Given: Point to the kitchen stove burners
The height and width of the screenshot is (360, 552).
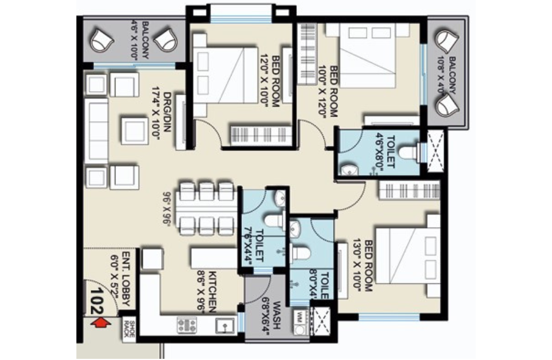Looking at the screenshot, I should tap(187, 325).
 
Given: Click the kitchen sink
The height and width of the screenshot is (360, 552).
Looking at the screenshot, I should tap(224, 326).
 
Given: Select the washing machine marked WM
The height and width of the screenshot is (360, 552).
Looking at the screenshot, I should tap(299, 317).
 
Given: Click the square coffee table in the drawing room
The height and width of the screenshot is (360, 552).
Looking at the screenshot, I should tap(133, 130).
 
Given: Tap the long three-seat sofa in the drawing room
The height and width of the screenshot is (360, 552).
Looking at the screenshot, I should tap(96, 130).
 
